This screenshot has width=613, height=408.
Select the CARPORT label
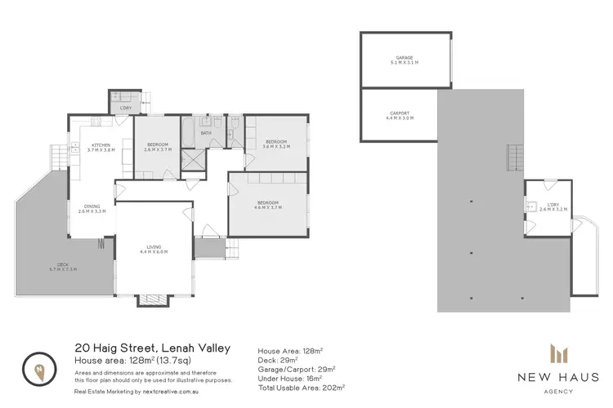coord(400,115)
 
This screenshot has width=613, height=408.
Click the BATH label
coord(206,132)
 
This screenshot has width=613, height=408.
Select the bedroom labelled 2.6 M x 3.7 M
coord(156,148)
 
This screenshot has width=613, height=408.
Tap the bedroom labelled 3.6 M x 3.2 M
coord(276,144)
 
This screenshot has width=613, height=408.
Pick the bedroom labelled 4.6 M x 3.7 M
coord(268,205)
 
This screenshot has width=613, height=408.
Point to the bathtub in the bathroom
coord(189,131)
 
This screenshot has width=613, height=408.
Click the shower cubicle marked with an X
coord(194,159)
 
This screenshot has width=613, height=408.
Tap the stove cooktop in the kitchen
coord(95,122)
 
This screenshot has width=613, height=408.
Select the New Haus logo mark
coord(560,353)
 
